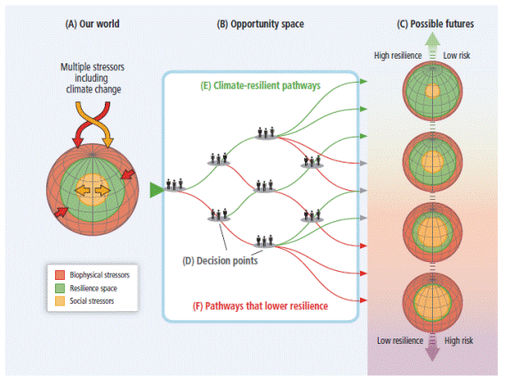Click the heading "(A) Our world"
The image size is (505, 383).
tap(92, 24)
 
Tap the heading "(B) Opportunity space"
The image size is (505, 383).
tap(261, 24)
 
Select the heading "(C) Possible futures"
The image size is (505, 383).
tap(436, 24)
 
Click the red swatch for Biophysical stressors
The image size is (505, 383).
tap(60, 275)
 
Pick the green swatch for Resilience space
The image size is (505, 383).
tap(60, 288)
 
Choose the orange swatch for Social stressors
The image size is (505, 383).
tap(60, 301)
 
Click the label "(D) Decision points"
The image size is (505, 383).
tap(220, 260)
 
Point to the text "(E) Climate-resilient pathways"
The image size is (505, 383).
tap(261, 85)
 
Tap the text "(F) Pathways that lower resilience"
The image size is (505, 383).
tap(261, 306)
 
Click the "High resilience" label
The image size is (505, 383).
tap(397, 56)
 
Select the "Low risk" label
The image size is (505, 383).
tap(457, 56)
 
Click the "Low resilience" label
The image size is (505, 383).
tap(400, 340)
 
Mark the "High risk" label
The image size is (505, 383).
tap(459, 340)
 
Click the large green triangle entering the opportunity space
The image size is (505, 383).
tap(156, 190)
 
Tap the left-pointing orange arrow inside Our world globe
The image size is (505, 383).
tap(83, 190)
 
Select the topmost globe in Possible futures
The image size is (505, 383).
tap(432, 91)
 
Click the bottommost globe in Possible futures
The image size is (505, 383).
tap(432, 302)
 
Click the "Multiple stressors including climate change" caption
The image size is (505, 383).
tap(92, 78)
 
